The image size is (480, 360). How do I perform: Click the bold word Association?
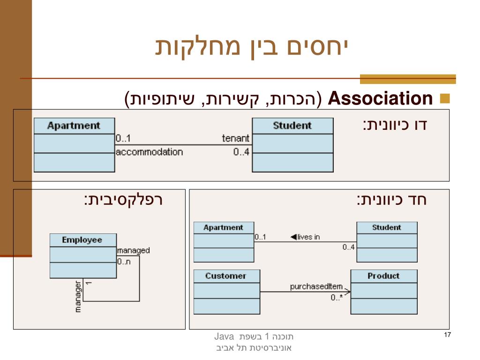pyautogui.click(x=380, y=99)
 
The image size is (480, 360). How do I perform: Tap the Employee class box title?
pyautogui.click(x=82, y=240)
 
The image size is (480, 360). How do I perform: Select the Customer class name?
pyautogui.click(x=225, y=276)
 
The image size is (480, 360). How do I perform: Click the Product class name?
pyautogui.click(x=383, y=276)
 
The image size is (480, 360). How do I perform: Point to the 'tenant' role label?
pyautogui.click(x=236, y=138)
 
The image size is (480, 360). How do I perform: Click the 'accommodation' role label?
pyautogui.click(x=149, y=152)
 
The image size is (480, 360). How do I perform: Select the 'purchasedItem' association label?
pyautogui.click(x=320, y=287)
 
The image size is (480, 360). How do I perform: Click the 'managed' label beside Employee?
pyautogui.click(x=134, y=250)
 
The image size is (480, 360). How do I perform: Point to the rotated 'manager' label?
pyautogui.click(x=78, y=297)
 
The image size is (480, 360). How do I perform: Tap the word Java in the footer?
pyautogui.click(x=224, y=336)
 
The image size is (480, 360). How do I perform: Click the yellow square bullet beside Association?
pyautogui.click(x=445, y=99)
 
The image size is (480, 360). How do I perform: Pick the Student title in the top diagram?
pyautogui.click(x=292, y=126)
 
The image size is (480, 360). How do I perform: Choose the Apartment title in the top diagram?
pyautogui.click(x=74, y=126)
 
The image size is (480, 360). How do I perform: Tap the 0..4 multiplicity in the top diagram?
pyautogui.click(x=241, y=152)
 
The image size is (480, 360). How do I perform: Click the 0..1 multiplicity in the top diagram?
pyautogui.click(x=123, y=138)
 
